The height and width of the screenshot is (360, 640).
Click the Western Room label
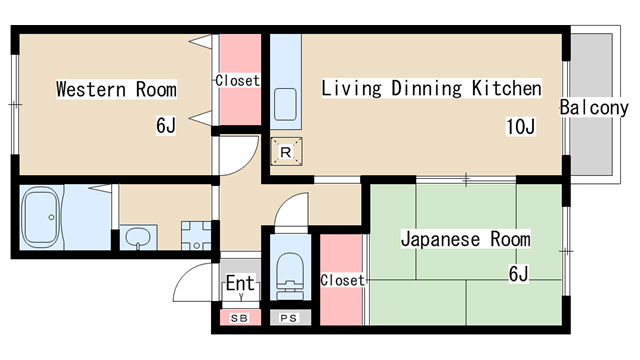pyautogui.click(x=116, y=89)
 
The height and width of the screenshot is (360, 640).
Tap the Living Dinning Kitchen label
pyautogui.click(x=431, y=88)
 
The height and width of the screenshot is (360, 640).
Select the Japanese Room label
pyautogui.click(x=466, y=239)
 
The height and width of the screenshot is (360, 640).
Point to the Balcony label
pyautogui.click(x=594, y=107)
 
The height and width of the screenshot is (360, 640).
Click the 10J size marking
pyautogui.click(x=520, y=127)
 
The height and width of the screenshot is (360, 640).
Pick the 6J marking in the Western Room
pyautogui.click(x=166, y=125)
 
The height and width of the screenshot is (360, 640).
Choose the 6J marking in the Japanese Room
pyautogui.click(x=519, y=274)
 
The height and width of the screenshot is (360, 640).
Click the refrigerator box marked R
pyautogui.click(x=286, y=152)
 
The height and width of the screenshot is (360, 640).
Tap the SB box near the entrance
pyautogui.click(x=240, y=318)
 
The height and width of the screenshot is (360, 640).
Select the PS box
pyautogui.click(x=290, y=318)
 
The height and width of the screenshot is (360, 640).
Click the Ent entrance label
pyautogui.click(x=241, y=283)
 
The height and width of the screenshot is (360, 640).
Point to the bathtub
pyautogui.click(x=40, y=218)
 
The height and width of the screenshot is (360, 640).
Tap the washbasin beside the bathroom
pyautogui.click(x=138, y=237)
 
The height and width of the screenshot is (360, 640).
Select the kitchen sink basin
pyautogui.click(x=285, y=104)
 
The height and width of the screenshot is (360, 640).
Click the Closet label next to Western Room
pyautogui.click(x=238, y=80)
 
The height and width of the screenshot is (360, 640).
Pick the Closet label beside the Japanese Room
pyautogui.click(x=342, y=280)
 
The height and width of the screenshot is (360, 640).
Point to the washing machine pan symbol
pyautogui.click(x=196, y=236)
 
